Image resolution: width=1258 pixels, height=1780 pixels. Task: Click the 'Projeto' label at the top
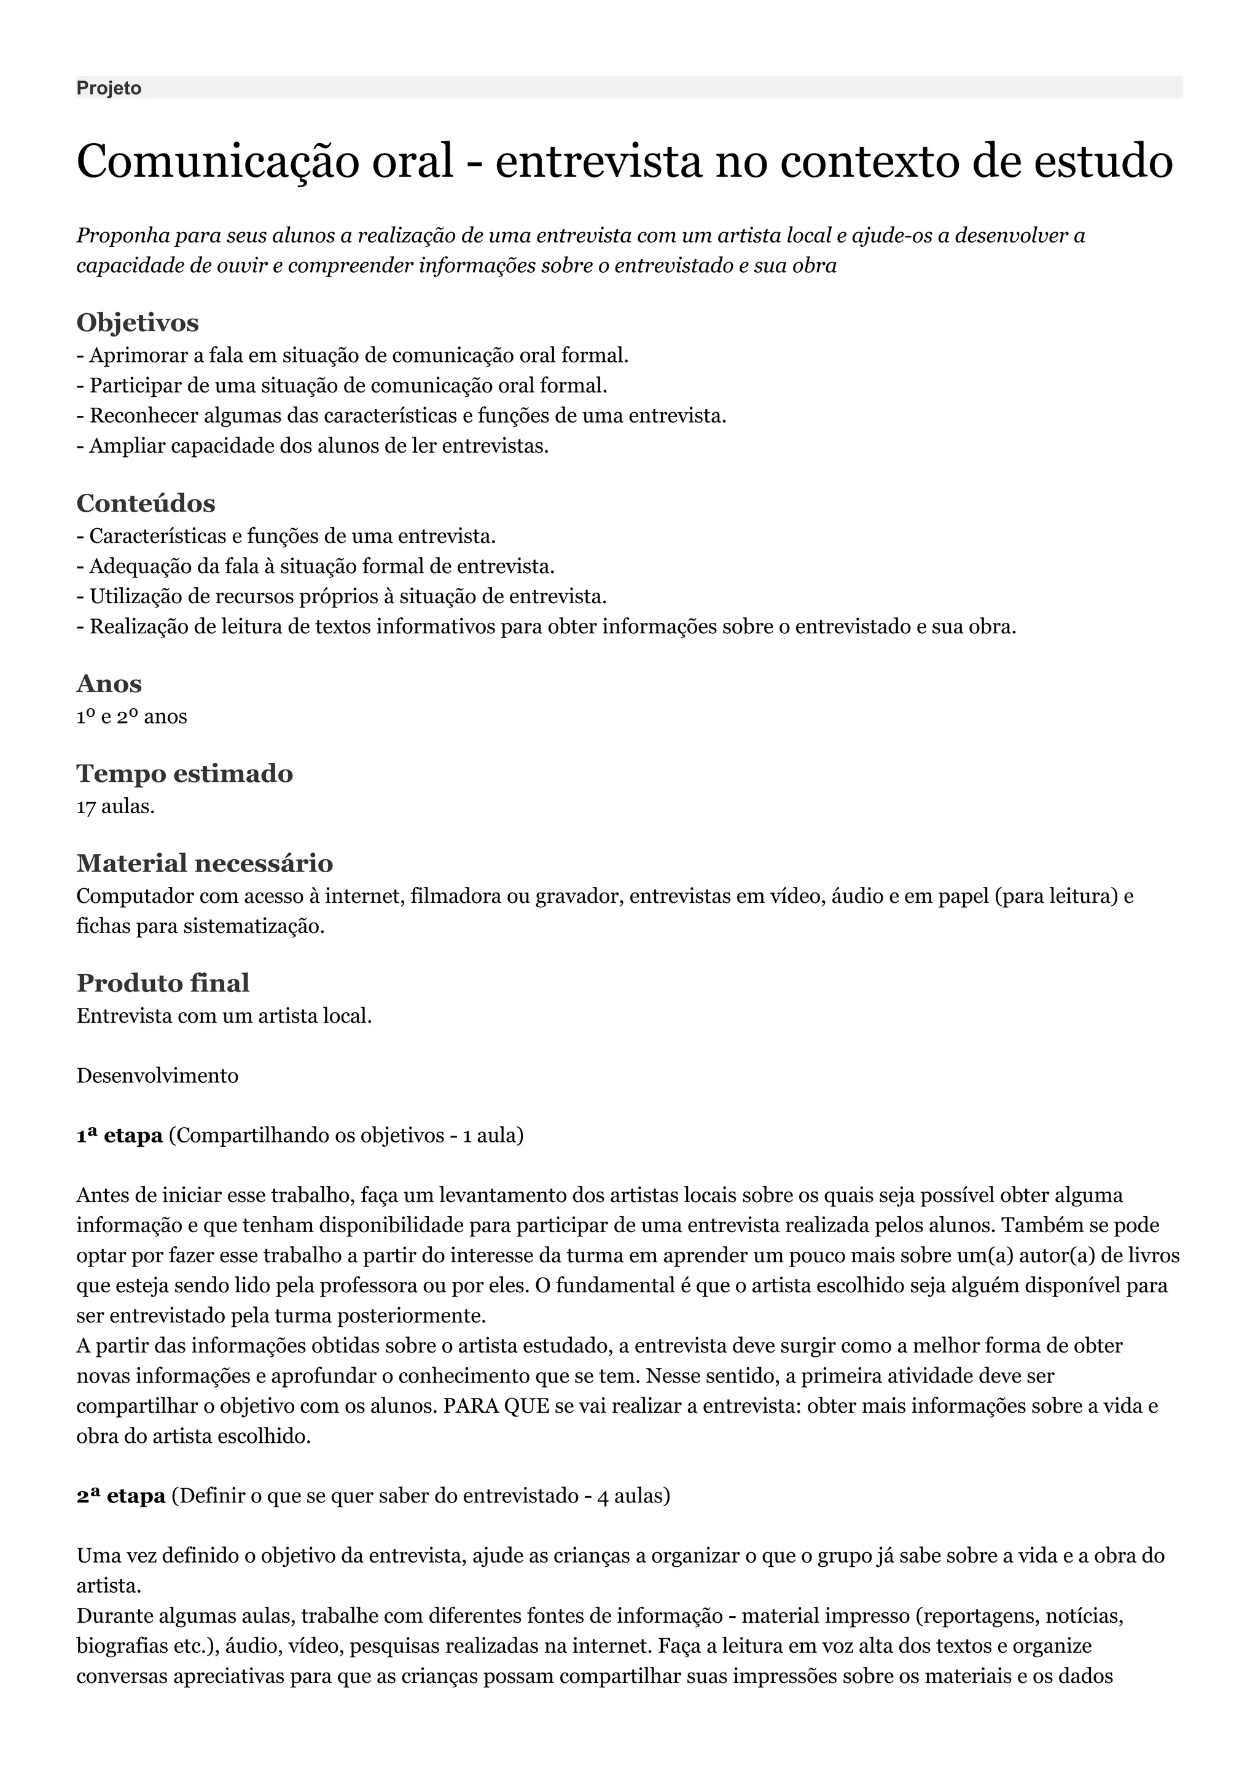tap(109, 88)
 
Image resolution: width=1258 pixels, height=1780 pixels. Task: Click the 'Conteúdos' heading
tap(146, 503)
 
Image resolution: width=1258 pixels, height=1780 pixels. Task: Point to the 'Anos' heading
tap(109, 684)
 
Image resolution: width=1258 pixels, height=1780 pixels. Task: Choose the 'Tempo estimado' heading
tap(184, 774)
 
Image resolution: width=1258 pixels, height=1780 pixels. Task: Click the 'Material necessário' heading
tap(205, 863)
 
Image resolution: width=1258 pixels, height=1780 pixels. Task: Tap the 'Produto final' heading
tap(163, 983)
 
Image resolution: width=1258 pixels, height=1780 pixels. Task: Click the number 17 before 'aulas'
tap(86, 807)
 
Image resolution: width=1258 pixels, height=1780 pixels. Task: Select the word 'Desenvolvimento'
tap(157, 1076)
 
